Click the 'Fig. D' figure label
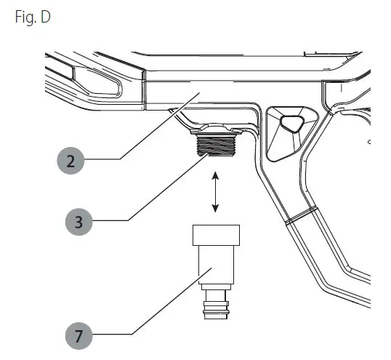coord(33,17)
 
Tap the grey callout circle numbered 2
coord(70,161)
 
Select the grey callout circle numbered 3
coord(78,222)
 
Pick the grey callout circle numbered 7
coord(78,335)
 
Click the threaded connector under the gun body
coord(216,145)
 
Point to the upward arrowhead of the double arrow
coord(215,175)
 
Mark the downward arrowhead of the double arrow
coord(215,208)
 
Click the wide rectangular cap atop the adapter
coord(216,235)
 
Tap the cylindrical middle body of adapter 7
coord(216,265)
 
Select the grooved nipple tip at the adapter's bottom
coord(216,310)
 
